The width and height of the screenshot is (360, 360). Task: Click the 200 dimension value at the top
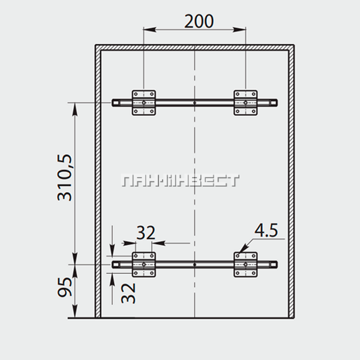199,22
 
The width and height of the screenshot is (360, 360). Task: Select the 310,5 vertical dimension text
65,178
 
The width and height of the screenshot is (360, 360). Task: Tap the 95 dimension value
65,287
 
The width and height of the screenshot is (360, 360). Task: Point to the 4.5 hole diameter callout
266,230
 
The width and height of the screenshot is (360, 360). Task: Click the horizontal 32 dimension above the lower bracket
146,233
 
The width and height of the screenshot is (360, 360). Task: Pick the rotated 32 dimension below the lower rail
128,293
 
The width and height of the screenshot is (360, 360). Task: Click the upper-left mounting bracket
144,103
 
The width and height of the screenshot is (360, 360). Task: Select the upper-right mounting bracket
245,103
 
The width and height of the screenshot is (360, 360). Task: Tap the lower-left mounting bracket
144,265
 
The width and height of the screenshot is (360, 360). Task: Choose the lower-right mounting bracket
245,265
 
